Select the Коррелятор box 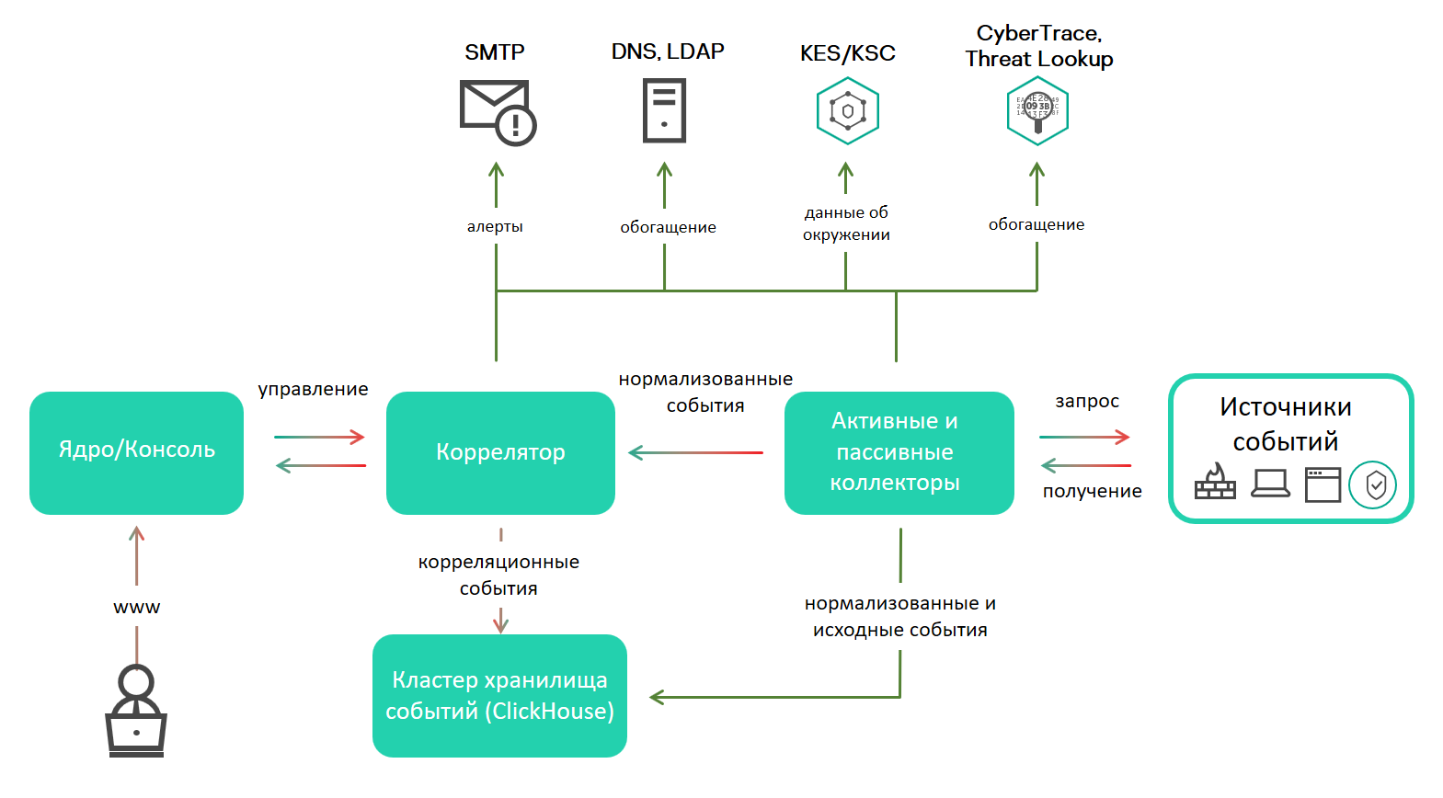point(500,452)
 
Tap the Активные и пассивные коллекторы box point(899,452)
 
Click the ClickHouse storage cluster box point(499,695)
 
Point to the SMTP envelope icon point(498,111)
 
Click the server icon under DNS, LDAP point(664,110)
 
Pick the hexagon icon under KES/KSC point(847,110)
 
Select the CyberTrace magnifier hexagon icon point(1036,110)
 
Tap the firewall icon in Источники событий point(1215,482)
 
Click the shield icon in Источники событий point(1373,484)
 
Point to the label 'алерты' point(495,226)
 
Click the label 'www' point(136,607)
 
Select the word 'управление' point(313,389)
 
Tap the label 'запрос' point(1087,401)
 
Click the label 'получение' point(1092,491)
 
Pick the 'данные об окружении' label point(846,223)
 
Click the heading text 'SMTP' point(495,52)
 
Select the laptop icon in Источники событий point(1270,483)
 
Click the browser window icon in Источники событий point(1323,484)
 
